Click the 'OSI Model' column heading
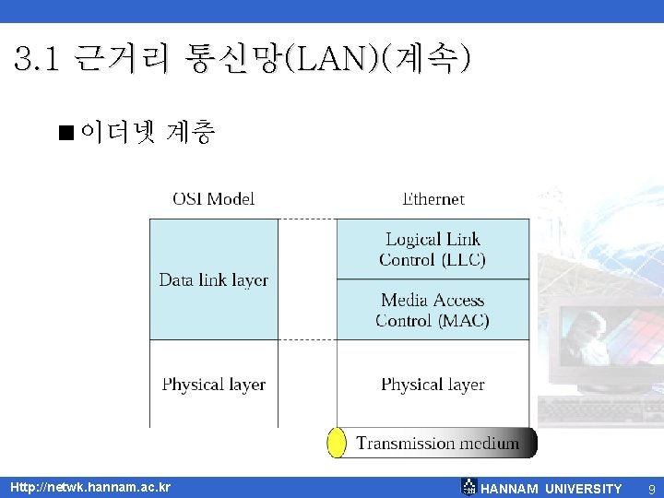tap(213, 198)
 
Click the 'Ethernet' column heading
tap(433, 198)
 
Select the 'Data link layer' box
tap(213, 279)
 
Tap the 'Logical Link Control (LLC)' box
tap(433, 249)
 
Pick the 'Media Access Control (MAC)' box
tap(433, 310)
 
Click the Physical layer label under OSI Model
tap(213, 385)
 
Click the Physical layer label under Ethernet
tap(433, 385)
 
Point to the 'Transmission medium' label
tap(438, 444)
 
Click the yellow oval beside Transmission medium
tap(337, 443)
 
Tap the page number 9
tap(651, 489)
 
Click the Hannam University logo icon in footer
tap(468, 487)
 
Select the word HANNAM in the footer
tap(510, 489)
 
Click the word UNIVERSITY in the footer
tap(584, 489)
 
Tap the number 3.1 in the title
tap(38, 61)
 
